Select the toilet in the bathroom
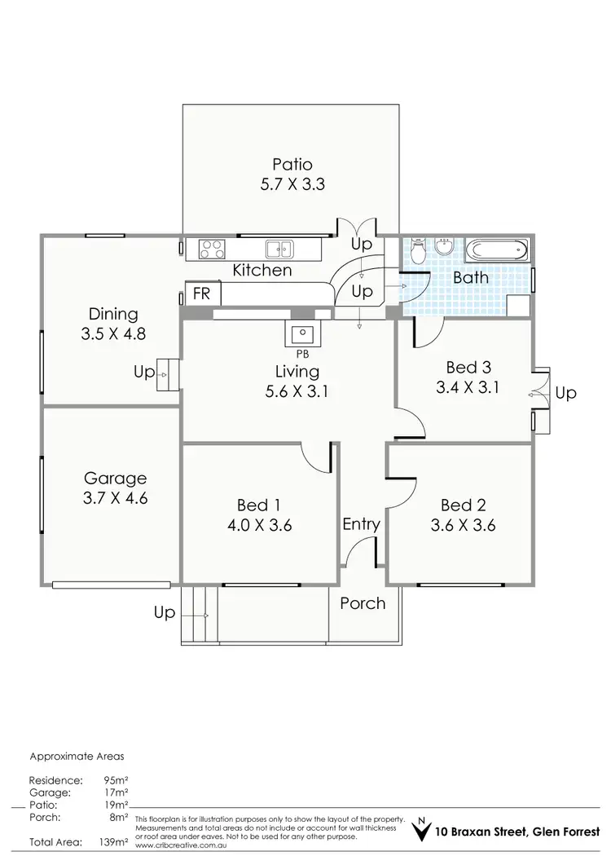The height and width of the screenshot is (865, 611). click(418, 252)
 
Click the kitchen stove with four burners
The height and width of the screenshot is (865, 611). click(213, 249)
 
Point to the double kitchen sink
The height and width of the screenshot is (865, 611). click(278, 249)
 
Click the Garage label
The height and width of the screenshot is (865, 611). click(115, 478)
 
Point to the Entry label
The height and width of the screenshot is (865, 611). click(361, 524)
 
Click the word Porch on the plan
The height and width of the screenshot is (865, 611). click(363, 603)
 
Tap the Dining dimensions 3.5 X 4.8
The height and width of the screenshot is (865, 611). click(113, 333)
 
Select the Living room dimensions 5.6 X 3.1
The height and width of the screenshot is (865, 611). click(297, 391)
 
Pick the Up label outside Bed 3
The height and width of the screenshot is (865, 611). click(565, 393)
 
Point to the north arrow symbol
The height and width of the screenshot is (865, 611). click(420, 831)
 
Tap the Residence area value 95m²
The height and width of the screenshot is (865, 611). click(114, 779)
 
